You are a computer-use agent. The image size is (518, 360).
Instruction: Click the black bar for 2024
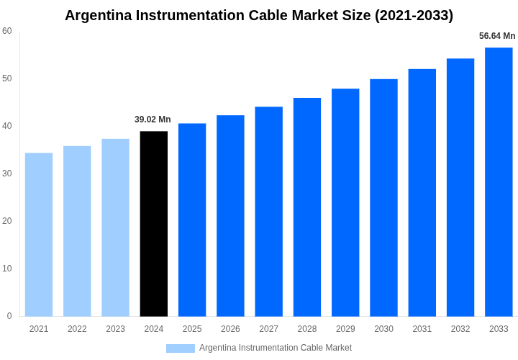coord(154,223)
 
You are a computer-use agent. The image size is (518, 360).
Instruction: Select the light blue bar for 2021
coord(39,234)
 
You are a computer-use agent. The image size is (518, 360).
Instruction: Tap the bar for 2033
coord(499,181)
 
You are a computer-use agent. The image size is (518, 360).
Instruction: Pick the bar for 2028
coord(307,207)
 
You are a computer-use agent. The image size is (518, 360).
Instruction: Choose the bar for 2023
coord(115,227)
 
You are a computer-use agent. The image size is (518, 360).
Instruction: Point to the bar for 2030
coord(383,197)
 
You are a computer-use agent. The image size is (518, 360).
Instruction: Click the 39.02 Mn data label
coord(153,120)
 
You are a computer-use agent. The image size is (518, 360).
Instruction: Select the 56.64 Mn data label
coord(497,36)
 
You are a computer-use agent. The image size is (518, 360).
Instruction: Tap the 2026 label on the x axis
coord(230,329)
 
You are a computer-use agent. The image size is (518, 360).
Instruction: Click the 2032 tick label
coord(460,329)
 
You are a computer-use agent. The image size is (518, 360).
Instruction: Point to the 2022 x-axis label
coord(77,329)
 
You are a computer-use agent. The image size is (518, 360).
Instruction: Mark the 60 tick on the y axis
coord(7,31)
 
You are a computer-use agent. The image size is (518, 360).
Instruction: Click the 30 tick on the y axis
coord(7,174)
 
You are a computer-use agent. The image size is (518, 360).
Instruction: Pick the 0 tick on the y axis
coord(9,316)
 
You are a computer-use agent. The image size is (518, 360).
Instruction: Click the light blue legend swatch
coord(180,348)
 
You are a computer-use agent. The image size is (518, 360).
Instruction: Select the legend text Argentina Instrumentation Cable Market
coord(276,348)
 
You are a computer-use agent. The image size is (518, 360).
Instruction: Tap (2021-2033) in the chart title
coord(414,15)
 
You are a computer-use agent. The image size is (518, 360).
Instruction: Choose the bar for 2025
coord(192,220)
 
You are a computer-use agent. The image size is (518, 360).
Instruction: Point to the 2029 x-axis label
coord(345,329)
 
